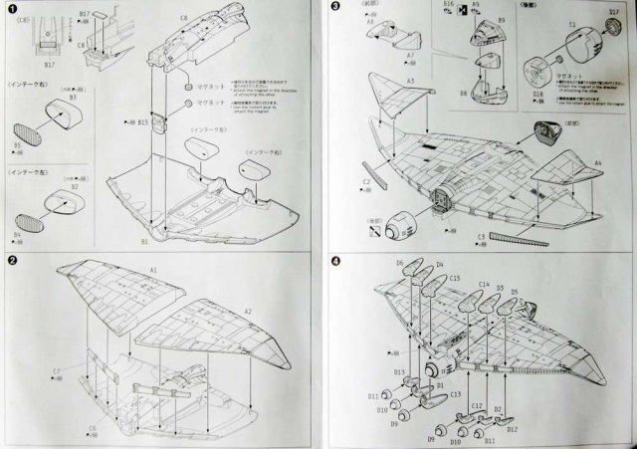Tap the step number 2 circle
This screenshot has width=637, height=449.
click(x=12, y=261)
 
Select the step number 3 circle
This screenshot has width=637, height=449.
click(x=335, y=8)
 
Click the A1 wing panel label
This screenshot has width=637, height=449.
click(x=153, y=270)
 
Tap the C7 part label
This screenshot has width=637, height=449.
click(x=57, y=372)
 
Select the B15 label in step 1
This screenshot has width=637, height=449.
click(x=143, y=122)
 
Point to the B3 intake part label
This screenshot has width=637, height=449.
click(x=73, y=99)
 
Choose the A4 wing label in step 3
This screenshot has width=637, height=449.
click(x=597, y=161)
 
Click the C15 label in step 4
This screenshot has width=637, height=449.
click(x=455, y=278)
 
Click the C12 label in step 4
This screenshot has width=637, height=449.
click(x=476, y=405)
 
